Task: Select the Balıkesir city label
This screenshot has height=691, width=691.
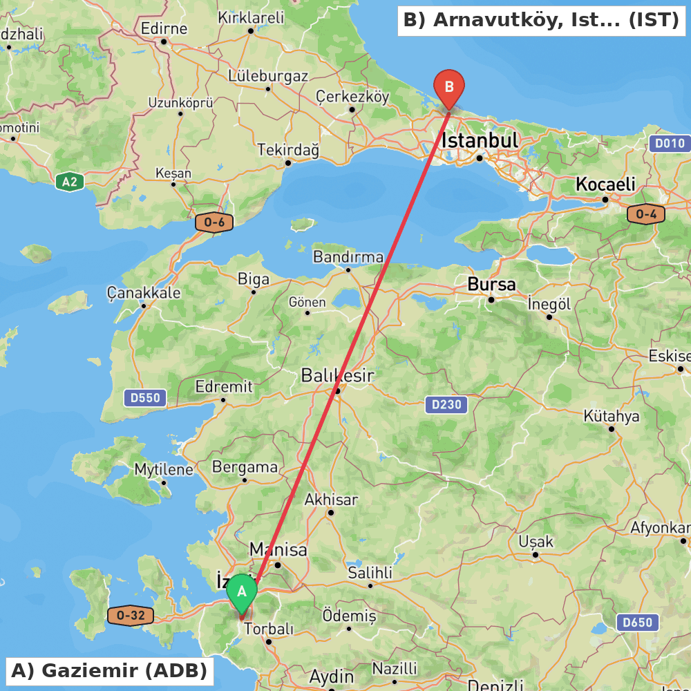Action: [337, 376]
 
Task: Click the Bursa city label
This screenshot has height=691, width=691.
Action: [491, 284]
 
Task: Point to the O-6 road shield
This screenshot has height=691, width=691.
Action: [214, 223]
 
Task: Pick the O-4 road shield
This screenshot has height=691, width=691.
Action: [645, 214]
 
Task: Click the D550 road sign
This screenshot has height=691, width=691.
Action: [144, 397]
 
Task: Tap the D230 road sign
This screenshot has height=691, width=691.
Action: [446, 405]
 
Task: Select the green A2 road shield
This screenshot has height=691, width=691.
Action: [70, 182]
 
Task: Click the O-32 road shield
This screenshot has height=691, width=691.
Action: [131, 615]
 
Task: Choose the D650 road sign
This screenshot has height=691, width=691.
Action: [637, 622]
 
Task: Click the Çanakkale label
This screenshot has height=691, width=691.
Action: [144, 293]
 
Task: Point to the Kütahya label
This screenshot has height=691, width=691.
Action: [612, 416]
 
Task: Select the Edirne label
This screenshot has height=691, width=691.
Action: [164, 29]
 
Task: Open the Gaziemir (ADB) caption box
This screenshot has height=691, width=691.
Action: [109, 670]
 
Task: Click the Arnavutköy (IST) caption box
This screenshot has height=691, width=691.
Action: [541, 21]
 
